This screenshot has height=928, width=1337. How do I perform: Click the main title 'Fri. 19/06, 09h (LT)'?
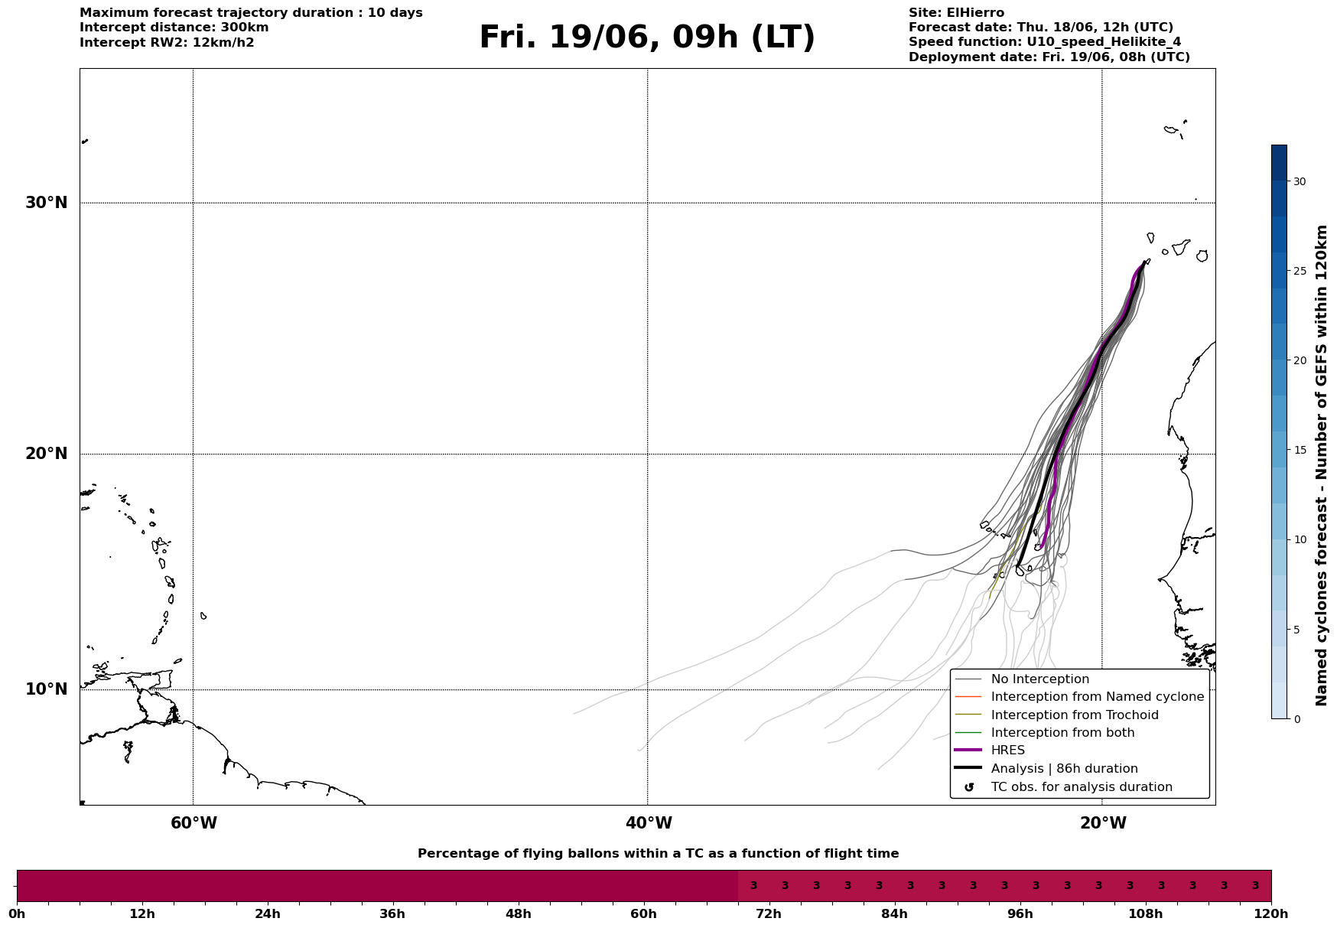point(647,37)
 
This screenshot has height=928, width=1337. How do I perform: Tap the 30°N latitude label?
point(46,203)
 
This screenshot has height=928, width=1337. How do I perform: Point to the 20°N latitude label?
point(46,454)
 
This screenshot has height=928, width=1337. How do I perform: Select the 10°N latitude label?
point(46,689)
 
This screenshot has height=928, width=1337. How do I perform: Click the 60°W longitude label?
point(194,823)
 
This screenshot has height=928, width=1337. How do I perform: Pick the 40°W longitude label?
point(649,823)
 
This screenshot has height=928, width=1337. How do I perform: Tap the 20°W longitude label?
point(1103,823)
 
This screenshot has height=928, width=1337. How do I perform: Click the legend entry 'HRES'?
point(1007,751)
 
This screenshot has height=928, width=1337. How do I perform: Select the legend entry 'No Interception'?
point(1039,679)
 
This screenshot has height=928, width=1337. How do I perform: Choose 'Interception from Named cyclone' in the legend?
point(1097,697)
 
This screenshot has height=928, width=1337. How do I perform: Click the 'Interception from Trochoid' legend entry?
point(1074,715)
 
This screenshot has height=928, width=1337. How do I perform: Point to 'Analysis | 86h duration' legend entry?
point(1064,769)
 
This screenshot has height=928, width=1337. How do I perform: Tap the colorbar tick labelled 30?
point(1300,181)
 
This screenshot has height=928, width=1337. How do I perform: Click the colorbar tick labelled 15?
point(1300,450)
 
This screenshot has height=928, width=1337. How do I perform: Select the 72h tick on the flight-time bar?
point(769,913)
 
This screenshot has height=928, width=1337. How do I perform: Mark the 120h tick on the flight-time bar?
point(1270,913)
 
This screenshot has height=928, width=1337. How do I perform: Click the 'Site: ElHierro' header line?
point(956,13)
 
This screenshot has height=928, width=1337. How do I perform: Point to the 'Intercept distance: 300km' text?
point(174,28)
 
